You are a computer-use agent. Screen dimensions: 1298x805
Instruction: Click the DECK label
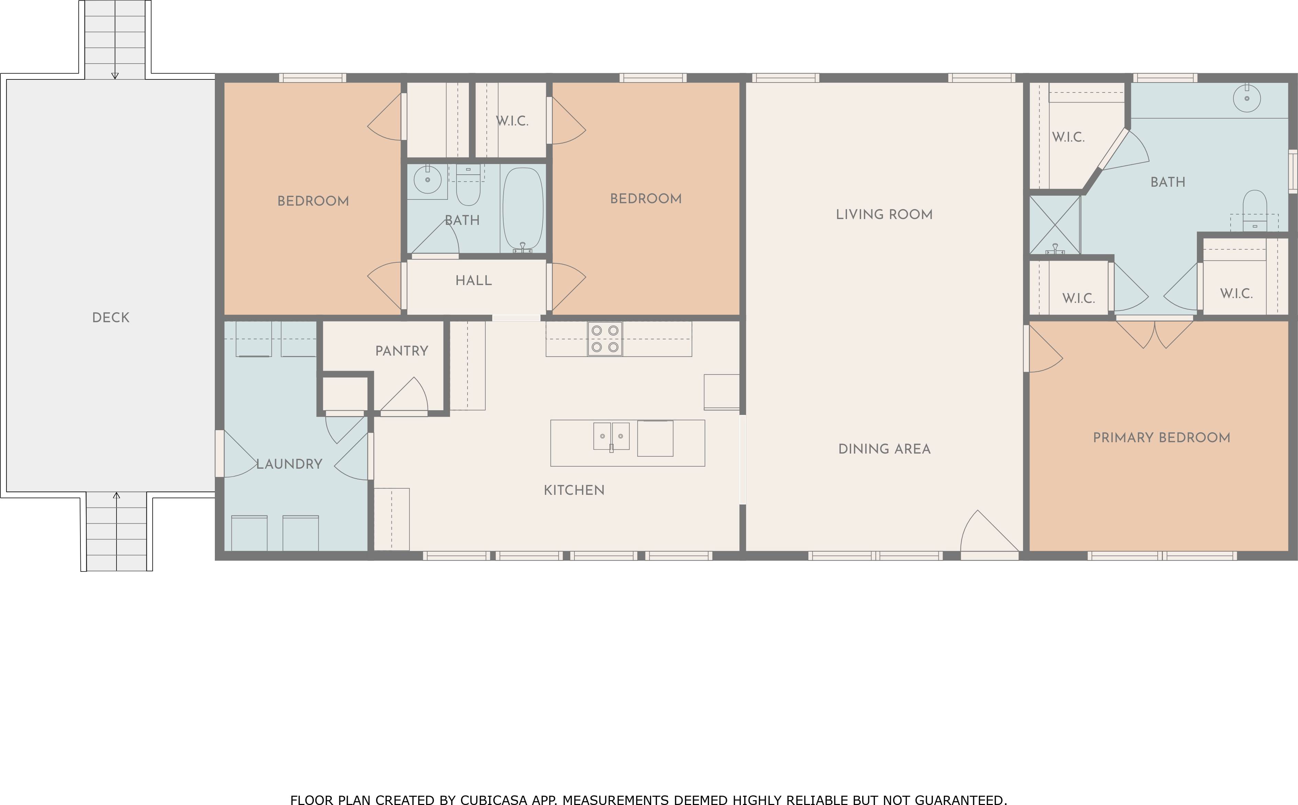(111, 317)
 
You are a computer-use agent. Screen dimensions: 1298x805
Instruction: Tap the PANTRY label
(402, 351)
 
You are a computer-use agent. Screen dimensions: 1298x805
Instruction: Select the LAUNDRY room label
(289, 464)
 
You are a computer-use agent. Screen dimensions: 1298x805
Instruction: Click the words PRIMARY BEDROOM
(1162, 438)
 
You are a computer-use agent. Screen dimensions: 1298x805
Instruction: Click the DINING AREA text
(884, 449)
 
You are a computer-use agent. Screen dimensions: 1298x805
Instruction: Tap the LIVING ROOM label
(884, 215)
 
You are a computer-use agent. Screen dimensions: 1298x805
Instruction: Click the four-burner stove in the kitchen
(605, 339)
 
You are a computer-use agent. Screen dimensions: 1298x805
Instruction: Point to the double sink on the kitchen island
(612, 436)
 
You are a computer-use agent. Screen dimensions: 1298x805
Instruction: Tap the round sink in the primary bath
(1247, 98)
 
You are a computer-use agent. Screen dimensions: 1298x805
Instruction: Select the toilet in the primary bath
(1254, 210)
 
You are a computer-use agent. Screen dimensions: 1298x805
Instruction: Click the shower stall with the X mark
(1055, 225)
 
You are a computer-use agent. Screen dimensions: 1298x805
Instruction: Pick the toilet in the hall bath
(468, 185)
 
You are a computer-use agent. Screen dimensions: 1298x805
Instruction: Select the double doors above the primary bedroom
(1154, 333)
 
